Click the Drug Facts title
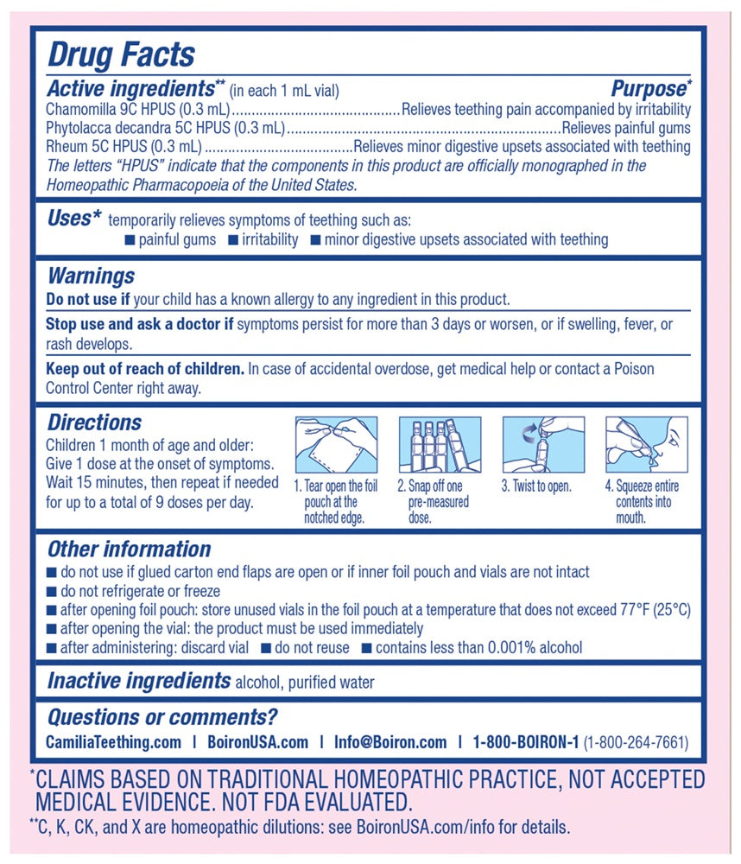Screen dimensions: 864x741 [121, 54]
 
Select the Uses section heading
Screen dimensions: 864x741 [68, 219]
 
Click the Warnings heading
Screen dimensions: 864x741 [91, 276]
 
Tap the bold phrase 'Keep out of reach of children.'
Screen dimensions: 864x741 [144, 369]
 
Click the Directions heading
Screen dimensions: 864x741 [94, 422]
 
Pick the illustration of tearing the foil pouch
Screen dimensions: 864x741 [336, 444]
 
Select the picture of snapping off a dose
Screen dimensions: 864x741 [439, 444]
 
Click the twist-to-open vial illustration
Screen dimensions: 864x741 [543, 444]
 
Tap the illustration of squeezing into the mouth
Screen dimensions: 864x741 [647, 444]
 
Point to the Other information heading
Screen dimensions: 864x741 [129, 550]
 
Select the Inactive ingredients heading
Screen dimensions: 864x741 [138, 681]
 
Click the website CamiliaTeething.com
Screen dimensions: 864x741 [113, 742]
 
